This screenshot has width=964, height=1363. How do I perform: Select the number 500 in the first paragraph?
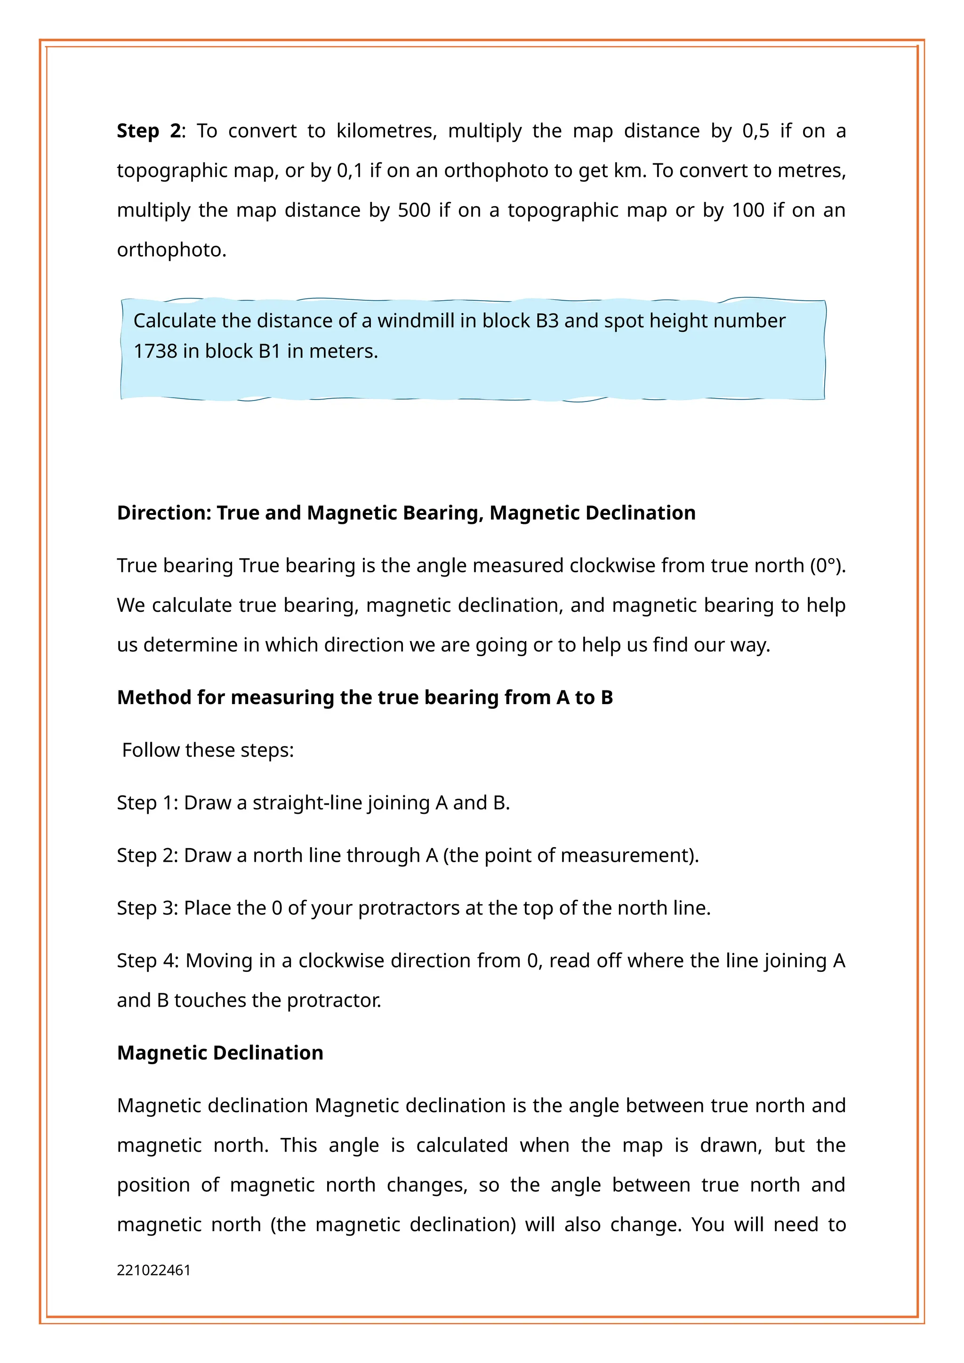click(414, 210)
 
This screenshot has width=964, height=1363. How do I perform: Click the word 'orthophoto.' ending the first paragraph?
click(171, 250)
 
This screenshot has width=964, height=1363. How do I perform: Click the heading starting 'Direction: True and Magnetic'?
click(406, 513)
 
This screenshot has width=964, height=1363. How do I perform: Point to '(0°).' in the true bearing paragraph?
click(827, 566)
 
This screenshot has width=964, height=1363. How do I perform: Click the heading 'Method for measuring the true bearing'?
click(364, 698)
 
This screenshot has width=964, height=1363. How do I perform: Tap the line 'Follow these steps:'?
click(208, 750)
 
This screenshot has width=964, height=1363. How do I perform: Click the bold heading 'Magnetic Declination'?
click(220, 1053)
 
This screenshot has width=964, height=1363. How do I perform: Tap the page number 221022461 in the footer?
click(154, 1270)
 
